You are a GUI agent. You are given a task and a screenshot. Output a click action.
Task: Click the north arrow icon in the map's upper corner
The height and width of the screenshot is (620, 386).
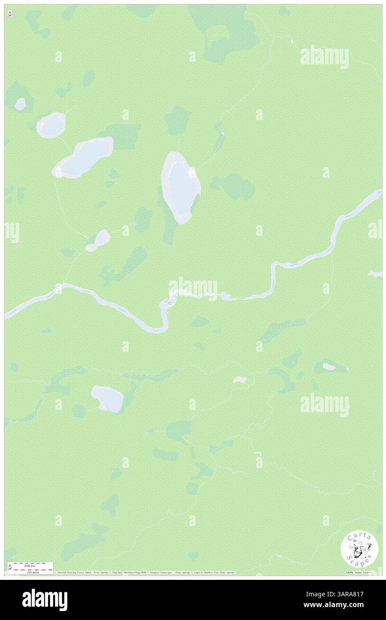pyautogui.click(x=10, y=14)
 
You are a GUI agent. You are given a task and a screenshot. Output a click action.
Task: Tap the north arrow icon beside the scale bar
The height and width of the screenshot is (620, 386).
pyautogui.click(x=10, y=567)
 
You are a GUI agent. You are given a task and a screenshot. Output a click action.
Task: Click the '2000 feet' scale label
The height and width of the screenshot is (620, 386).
pyautogui.click(x=31, y=564)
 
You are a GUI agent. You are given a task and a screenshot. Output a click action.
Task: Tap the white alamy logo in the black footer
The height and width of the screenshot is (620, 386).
pyautogui.click(x=45, y=599)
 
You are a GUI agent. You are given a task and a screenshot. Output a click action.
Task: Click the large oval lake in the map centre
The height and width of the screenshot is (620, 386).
pyautogui.click(x=181, y=187)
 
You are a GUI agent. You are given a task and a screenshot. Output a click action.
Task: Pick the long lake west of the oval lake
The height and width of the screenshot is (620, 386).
pyautogui.click(x=83, y=157)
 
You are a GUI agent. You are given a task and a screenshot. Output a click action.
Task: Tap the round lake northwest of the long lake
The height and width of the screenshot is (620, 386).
pyautogui.click(x=51, y=125)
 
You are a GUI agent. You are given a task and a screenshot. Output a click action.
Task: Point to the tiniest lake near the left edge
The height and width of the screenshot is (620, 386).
pyautogui.click(x=20, y=104)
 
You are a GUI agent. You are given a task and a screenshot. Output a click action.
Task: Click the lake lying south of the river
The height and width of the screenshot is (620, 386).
pyautogui.click(x=108, y=398)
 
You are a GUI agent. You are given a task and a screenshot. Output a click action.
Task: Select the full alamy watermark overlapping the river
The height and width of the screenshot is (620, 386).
pyautogui.click(x=193, y=287)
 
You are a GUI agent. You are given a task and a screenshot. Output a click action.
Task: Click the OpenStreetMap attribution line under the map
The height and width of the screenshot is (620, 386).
pyautogui.click(x=145, y=572)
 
